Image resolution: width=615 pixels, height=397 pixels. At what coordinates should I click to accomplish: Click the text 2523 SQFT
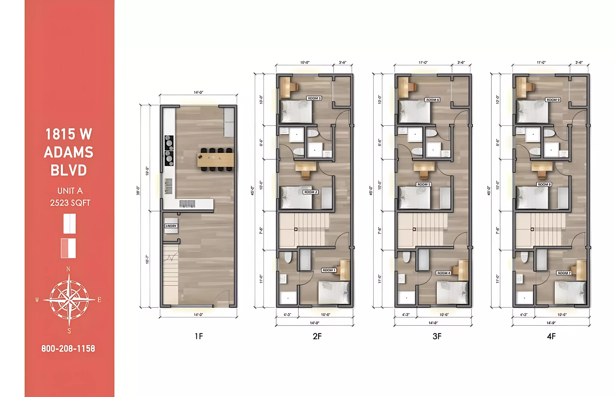70,203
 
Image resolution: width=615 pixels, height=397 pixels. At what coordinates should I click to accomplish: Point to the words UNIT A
70,191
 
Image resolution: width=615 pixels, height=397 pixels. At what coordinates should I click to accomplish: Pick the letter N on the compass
68,269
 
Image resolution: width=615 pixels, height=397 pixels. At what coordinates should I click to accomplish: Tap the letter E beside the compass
99,300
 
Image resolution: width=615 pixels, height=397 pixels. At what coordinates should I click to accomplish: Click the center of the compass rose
69,300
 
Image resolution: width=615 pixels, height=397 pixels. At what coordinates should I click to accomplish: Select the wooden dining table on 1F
216,160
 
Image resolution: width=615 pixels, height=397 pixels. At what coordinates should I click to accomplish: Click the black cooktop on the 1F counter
169,151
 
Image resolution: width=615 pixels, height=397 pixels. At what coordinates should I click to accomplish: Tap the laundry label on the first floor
171,226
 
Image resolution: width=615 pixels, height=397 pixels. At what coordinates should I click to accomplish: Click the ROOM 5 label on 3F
424,184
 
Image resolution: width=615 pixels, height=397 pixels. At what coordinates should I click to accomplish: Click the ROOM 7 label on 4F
564,273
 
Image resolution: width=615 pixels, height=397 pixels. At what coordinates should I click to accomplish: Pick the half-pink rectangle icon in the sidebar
68,248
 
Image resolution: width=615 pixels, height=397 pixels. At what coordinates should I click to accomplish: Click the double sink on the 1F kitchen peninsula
187,204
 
